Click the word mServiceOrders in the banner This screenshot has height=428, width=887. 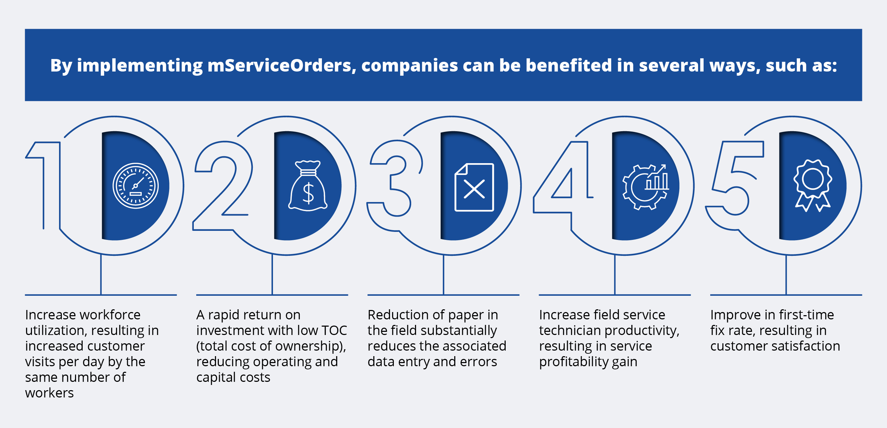pos(280,65)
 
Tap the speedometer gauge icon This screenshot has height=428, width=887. pos(136,186)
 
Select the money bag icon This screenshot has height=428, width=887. pos(308,186)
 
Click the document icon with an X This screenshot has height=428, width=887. pos(474,187)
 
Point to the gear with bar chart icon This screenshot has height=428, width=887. pos(646,187)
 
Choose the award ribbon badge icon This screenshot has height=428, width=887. pos(813,185)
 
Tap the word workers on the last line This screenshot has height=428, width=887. pos(49,393)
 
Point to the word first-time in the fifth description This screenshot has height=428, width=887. pos(803,315)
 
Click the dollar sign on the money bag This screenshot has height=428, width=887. pos(308,193)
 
